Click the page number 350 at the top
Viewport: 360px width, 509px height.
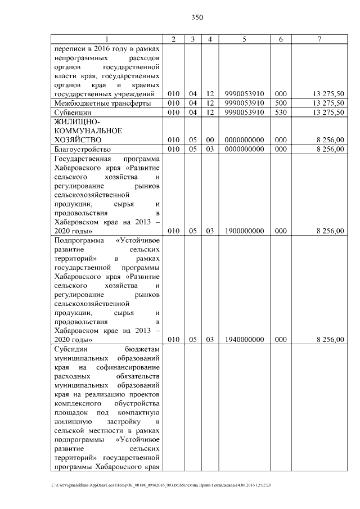(x=196, y=17)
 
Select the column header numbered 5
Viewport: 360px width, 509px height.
(x=244, y=39)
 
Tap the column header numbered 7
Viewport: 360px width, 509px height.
(x=319, y=39)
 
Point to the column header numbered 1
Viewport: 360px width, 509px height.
(x=107, y=39)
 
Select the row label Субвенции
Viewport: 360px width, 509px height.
(x=73, y=113)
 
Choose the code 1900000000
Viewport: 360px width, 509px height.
(x=244, y=231)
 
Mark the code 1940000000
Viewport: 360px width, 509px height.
(x=244, y=340)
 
